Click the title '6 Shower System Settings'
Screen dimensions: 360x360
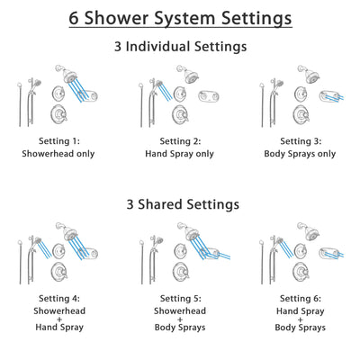click(180, 17)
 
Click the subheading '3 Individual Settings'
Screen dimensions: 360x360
click(180, 46)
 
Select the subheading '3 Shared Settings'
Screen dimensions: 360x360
click(180, 204)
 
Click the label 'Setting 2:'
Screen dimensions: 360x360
click(180, 141)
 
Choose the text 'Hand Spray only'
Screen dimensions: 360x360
click(180, 154)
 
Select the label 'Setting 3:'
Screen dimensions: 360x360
click(301, 141)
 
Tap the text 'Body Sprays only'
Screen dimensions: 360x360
click(301, 154)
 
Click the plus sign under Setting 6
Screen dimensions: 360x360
click(301, 317)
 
